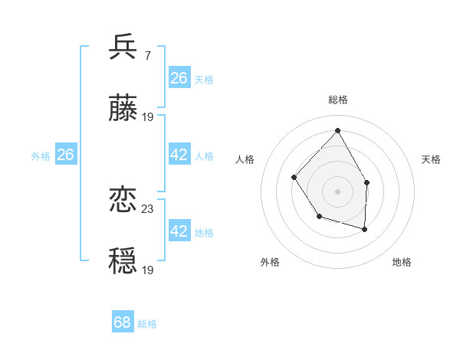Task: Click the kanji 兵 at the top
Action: [123, 47]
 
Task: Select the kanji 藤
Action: [123, 110]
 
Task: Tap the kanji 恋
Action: [123, 201]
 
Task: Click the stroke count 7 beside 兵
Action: [147, 55]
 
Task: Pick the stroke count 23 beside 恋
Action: [148, 208]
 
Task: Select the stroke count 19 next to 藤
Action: [148, 117]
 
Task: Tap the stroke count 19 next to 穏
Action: [148, 270]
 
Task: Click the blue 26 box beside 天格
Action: [179, 77]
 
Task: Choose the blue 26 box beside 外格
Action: [65, 155]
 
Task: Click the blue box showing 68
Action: [123, 322]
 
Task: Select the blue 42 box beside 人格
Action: [179, 155]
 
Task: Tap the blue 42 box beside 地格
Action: [179, 231]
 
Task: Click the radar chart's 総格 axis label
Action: [337, 100]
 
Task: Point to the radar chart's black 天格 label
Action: [432, 159]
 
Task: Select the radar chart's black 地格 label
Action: [402, 262]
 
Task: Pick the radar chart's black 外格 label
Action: [270, 262]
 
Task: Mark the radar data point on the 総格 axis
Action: [337, 130]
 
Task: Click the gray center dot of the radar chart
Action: [337, 191]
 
